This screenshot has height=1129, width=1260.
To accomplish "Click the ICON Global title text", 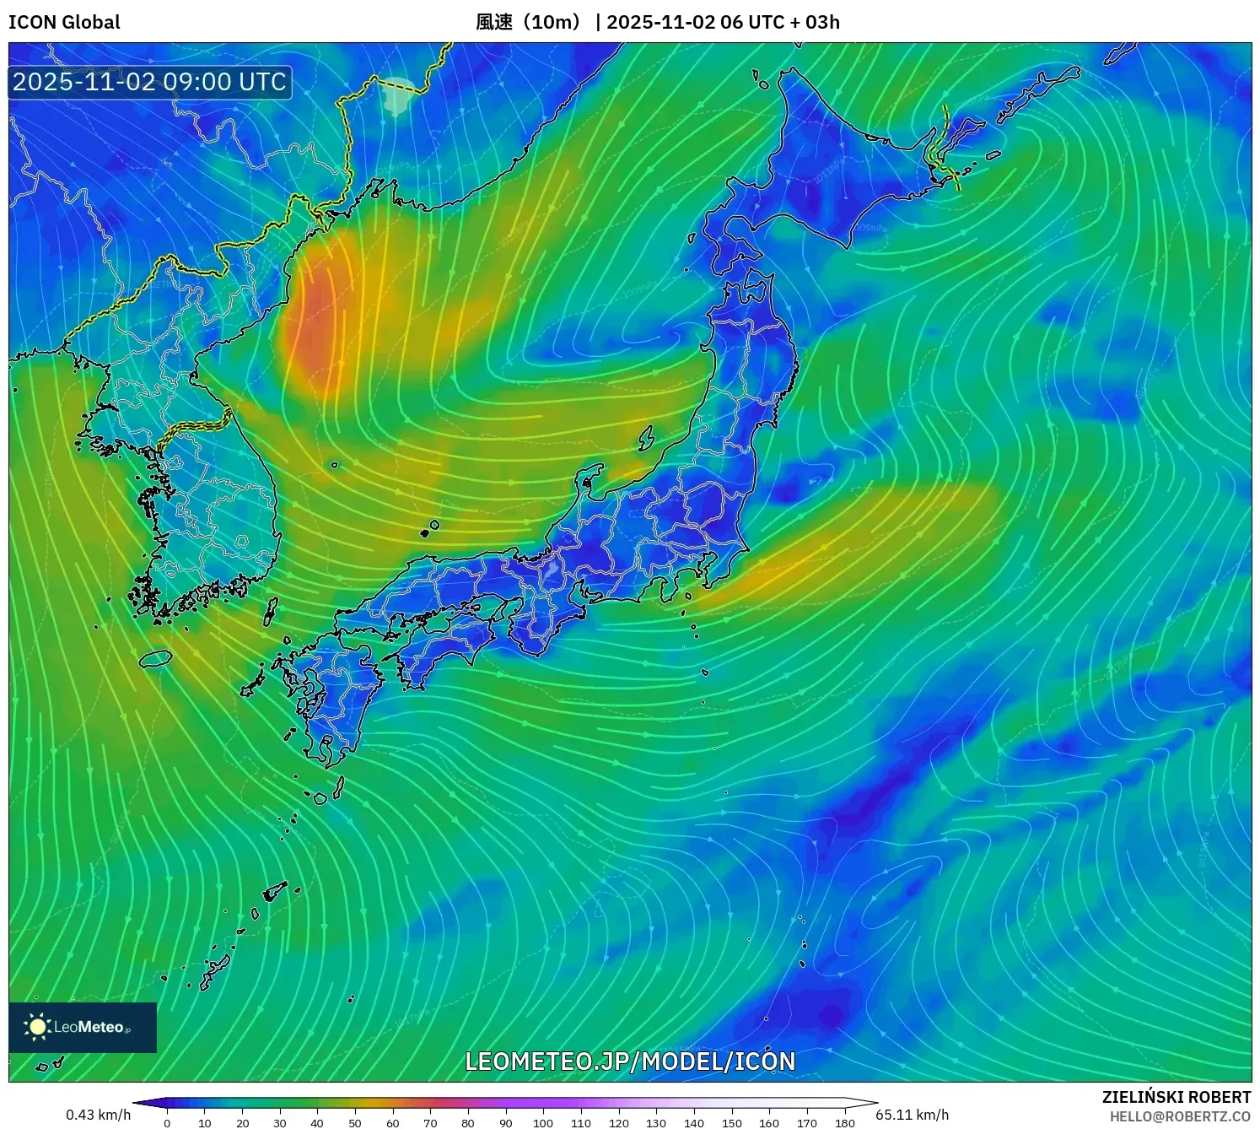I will click(64, 22).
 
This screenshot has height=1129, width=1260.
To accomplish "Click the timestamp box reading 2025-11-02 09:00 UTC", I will click(150, 82).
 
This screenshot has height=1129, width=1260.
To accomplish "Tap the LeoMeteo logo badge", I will click(83, 1027).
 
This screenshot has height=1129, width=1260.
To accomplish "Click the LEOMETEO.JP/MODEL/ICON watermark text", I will click(630, 1061).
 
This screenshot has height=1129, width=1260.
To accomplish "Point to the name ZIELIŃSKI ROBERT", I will click(1176, 1097).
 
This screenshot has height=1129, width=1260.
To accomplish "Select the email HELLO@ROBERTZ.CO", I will click(1180, 1116).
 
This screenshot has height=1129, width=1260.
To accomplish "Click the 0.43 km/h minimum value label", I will click(99, 1115).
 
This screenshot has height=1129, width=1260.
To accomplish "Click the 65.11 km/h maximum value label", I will click(912, 1115).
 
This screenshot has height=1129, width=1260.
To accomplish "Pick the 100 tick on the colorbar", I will click(543, 1123).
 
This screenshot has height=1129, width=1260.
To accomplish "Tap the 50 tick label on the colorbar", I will click(355, 1123).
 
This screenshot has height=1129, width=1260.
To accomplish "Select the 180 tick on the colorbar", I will click(844, 1123).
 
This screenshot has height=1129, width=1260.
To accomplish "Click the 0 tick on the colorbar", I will click(167, 1123).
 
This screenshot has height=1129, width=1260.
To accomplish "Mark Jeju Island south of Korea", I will click(156, 657).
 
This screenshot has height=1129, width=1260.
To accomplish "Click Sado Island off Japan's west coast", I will click(647, 438).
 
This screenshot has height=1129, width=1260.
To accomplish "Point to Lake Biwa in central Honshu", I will click(551, 570).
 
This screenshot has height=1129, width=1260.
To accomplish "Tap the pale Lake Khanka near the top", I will click(398, 95).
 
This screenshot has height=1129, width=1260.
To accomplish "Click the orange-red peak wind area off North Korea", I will click(314, 325).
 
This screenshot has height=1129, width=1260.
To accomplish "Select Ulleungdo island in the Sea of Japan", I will click(335, 464).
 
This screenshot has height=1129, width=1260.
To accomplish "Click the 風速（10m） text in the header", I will click(529, 22).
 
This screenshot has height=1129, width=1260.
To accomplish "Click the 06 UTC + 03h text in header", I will click(780, 22).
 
